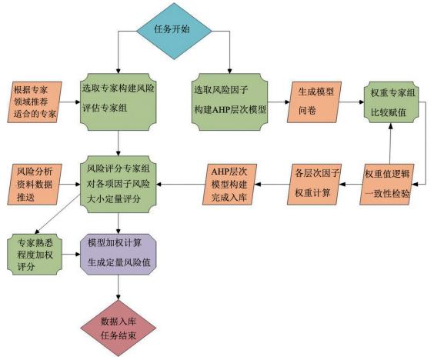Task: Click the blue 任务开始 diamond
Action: pos(174,31)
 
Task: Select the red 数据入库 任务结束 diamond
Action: pos(119,328)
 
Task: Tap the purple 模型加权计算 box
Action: pos(119,254)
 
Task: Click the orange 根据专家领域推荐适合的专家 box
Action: pos(35,102)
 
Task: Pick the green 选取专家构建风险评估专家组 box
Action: pos(119,102)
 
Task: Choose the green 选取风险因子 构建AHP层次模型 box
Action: pos(230,102)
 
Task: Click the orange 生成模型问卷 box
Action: pos(314,102)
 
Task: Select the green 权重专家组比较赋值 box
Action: pos(392,102)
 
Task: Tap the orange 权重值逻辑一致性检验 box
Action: pos(387,185)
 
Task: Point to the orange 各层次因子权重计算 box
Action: pos(314,185)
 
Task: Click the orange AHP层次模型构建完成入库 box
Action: pos(230,185)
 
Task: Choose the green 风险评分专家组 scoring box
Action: pos(119,185)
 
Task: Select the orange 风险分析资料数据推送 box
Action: pos(35,185)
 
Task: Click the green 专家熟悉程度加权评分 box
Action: pos(35,255)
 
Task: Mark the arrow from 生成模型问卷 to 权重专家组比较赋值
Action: pos(352,102)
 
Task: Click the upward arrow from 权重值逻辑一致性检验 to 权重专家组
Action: pos(390,144)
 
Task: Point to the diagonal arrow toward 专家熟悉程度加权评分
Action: pos(58,214)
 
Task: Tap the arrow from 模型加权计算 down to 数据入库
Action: pos(119,288)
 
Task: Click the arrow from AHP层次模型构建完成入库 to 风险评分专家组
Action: pos(181,185)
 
